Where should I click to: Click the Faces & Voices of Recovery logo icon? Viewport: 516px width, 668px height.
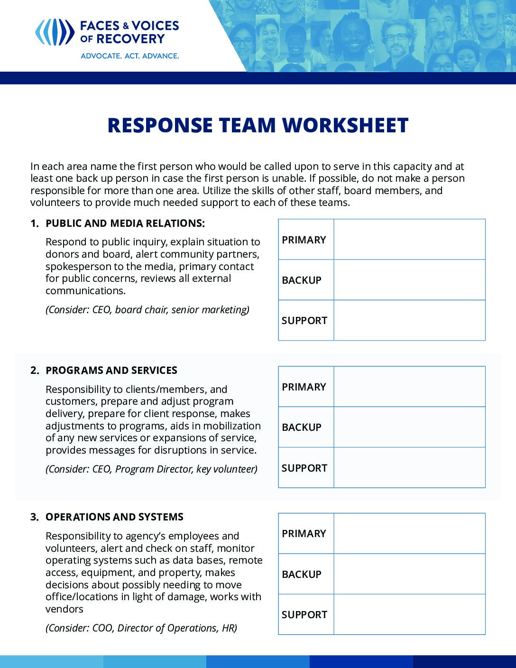[x=55, y=32]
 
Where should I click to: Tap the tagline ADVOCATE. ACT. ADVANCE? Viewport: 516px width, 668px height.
[x=129, y=56]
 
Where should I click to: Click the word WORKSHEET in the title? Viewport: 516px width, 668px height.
[x=345, y=125]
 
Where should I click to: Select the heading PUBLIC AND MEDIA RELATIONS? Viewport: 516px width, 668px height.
[x=125, y=223]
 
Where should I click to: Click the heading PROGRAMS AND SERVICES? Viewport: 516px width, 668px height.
[x=111, y=371]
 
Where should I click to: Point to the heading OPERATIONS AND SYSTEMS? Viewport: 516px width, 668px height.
[x=114, y=517]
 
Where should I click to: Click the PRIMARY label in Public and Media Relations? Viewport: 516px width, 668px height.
[x=304, y=240]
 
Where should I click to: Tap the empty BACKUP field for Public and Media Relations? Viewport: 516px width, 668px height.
[x=409, y=280]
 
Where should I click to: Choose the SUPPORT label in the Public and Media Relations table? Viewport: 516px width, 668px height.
[x=304, y=321]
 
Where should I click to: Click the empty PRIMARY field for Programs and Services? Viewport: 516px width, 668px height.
[x=409, y=387]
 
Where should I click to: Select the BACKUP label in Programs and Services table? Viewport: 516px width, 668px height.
[x=302, y=427]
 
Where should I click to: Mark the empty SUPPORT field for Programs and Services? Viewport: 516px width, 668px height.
[x=409, y=468]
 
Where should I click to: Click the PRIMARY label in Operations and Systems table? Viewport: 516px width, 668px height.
[x=304, y=534]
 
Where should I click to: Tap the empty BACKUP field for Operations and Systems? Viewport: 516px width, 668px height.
[x=409, y=574]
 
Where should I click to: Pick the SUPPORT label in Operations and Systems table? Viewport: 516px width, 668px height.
[x=304, y=615]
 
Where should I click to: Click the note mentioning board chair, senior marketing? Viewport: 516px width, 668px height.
[x=147, y=310]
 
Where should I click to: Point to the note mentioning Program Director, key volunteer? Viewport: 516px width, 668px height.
[x=151, y=469]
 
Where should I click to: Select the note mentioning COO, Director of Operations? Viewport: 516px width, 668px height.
[x=141, y=628]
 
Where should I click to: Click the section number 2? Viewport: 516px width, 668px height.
[x=35, y=371]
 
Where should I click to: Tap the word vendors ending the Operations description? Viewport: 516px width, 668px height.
[x=64, y=609]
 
